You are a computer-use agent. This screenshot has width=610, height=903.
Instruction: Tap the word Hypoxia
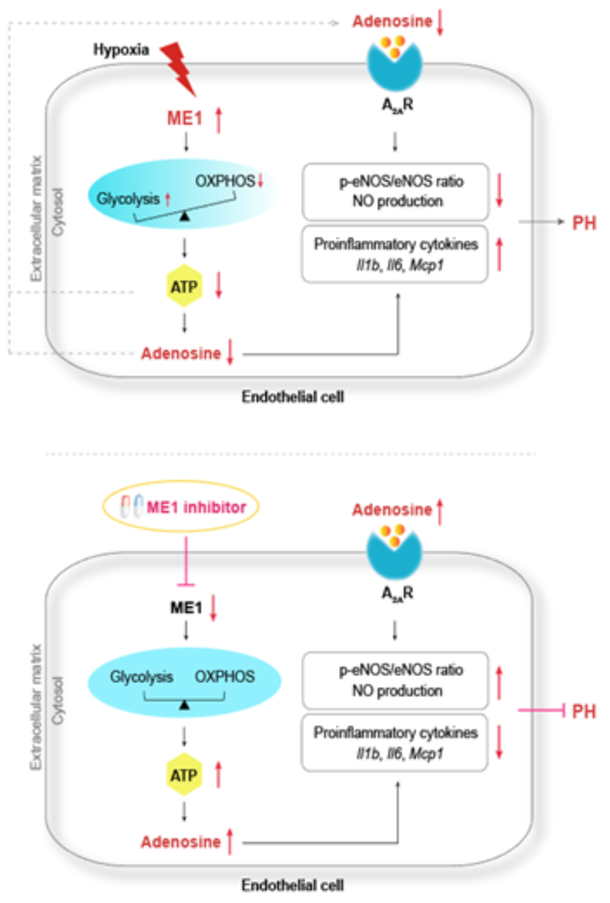point(121,50)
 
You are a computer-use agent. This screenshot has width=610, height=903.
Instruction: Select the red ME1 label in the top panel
point(185,118)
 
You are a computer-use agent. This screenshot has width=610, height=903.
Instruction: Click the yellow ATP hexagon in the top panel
point(184,286)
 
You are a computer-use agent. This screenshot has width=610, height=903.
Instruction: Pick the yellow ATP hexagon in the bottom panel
point(184,774)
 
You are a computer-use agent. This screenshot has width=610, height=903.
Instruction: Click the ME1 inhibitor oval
point(181,506)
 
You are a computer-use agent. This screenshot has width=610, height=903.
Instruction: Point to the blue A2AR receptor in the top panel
point(394,65)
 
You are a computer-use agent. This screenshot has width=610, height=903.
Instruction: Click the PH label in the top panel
point(584,223)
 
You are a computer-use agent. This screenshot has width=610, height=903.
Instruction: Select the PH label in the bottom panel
point(584,711)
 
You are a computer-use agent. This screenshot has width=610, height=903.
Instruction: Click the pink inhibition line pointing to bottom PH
point(541,710)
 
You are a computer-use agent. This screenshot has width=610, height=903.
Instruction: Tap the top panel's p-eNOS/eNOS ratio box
point(395,191)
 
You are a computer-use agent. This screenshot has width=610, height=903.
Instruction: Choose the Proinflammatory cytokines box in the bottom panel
point(395,743)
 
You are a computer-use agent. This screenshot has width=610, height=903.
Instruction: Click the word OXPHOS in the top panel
point(225,181)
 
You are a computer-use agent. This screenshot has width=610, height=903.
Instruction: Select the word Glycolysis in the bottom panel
point(141,677)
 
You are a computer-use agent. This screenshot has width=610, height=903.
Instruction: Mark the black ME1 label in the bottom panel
point(186,608)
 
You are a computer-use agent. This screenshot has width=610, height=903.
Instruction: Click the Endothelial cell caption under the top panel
point(293,397)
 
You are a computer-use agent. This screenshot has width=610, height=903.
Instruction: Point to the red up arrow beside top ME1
point(218,120)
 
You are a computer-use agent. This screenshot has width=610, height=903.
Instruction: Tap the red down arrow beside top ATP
point(218,285)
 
